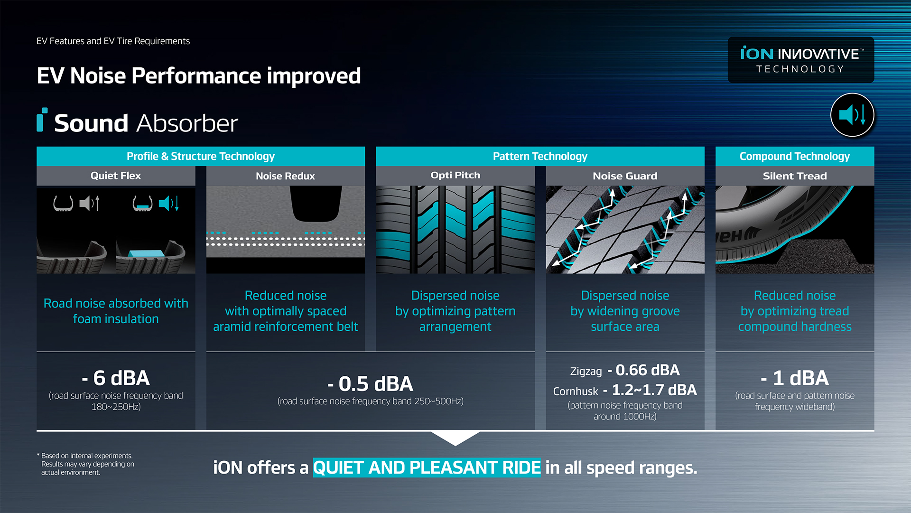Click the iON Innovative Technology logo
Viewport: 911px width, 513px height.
(801, 60)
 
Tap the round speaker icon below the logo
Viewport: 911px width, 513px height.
(852, 115)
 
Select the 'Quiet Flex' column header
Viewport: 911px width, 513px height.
(116, 176)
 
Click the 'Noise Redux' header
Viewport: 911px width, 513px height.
(285, 176)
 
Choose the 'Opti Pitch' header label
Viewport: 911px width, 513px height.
(455, 175)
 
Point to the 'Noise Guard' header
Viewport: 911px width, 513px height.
(625, 176)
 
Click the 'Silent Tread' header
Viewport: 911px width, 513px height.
(795, 176)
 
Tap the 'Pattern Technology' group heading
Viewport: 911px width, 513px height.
(540, 156)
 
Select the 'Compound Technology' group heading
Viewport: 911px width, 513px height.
(795, 156)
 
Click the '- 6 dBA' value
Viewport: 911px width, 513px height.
(116, 378)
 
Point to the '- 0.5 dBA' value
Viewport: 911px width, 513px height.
(370, 384)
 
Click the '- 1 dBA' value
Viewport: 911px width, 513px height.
(795, 378)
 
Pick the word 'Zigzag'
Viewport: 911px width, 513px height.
(586, 372)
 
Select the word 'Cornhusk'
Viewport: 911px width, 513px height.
(576, 392)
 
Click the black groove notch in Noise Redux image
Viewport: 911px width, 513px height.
(316, 204)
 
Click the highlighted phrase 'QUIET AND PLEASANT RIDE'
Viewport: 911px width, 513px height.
(427, 468)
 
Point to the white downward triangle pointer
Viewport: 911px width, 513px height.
(455, 438)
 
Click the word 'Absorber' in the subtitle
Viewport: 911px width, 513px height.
(187, 123)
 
